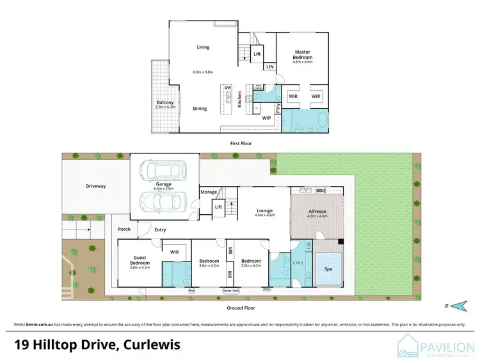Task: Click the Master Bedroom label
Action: click(302, 54)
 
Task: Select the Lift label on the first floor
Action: click(257, 54)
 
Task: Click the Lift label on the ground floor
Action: click(218, 207)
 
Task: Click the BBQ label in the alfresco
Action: click(321, 191)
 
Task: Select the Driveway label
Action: click(95, 186)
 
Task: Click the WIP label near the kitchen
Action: click(266, 118)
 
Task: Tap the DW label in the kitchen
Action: click(227, 88)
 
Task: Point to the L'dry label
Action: click(297, 264)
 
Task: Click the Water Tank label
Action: click(230, 290)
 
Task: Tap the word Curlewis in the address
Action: click(149, 346)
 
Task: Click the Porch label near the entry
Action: click(124, 229)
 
